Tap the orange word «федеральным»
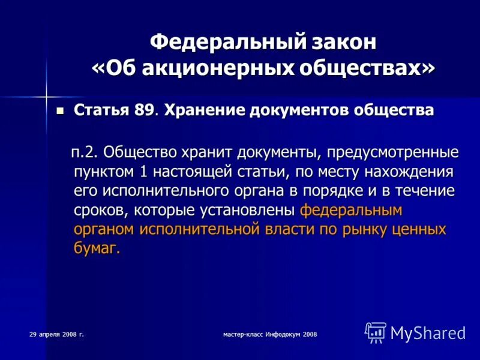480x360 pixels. tap(350, 211)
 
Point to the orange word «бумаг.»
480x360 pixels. tap(97, 249)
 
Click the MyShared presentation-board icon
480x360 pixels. tap(376, 332)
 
